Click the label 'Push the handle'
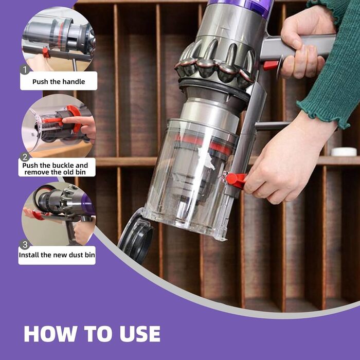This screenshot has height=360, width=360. (x=58, y=81)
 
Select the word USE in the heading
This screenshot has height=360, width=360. (x=137, y=334)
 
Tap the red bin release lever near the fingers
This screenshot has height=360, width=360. (x=236, y=180)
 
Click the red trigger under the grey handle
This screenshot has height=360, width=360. (x=271, y=65)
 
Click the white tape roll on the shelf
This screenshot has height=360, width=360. (x=343, y=152)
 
